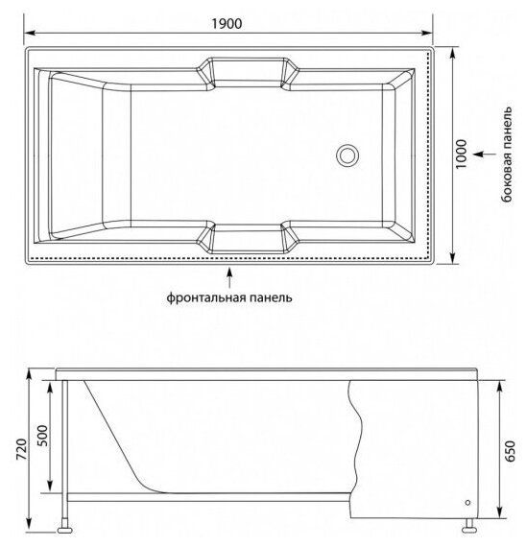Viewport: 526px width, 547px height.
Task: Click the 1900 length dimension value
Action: [227, 23]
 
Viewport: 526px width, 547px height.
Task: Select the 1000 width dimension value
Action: [461, 154]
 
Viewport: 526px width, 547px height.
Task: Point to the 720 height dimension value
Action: [21, 449]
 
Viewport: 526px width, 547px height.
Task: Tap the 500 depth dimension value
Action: [42, 436]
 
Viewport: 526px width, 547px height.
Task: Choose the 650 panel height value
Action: [510, 451]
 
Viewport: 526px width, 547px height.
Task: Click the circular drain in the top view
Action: [347, 155]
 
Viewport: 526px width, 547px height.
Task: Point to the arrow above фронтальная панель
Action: [229, 277]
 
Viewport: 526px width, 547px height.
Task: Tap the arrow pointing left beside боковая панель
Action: [485, 154]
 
